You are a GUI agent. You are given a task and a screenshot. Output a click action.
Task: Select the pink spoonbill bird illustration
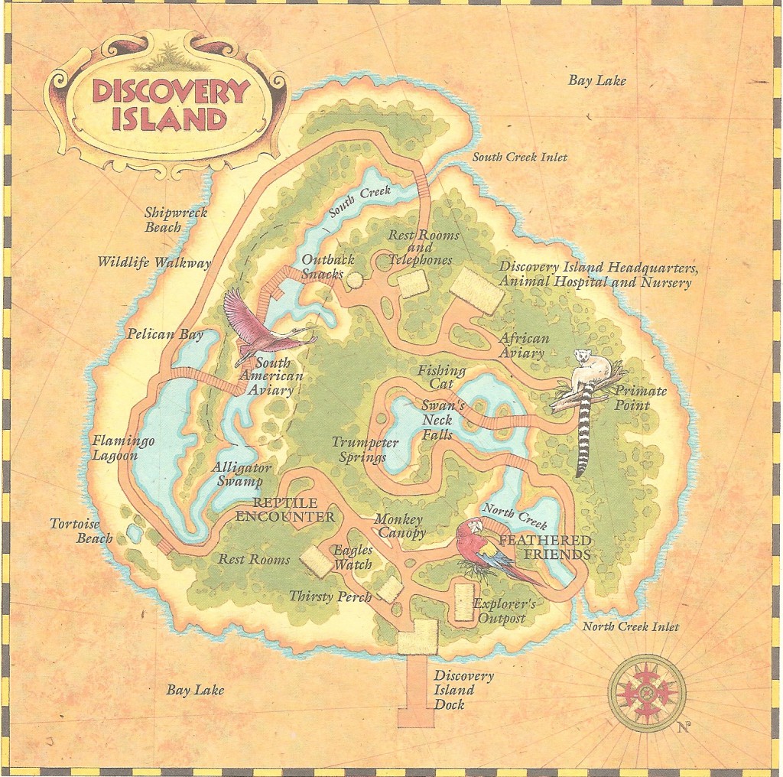[264, 329]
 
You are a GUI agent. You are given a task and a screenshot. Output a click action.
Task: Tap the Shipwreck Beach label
[176, 219]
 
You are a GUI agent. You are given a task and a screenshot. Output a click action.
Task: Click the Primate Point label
[642, 398]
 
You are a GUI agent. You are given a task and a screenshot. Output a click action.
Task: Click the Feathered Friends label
[544, 548]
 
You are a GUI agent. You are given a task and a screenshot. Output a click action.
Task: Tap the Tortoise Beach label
[81, 531]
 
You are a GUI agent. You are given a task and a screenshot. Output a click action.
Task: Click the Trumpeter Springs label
[365, 450]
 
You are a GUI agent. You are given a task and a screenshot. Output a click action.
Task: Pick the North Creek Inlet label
[631, 627]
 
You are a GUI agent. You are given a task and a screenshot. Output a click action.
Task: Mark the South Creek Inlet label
[519, 158]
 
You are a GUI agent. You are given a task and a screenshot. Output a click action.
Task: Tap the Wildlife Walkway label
[154, 262]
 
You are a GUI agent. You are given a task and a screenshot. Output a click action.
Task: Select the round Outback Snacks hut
[355, 280]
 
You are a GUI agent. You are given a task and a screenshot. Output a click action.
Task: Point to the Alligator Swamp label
[237, 474]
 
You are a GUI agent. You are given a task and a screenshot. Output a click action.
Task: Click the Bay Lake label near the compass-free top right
[596, 80]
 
